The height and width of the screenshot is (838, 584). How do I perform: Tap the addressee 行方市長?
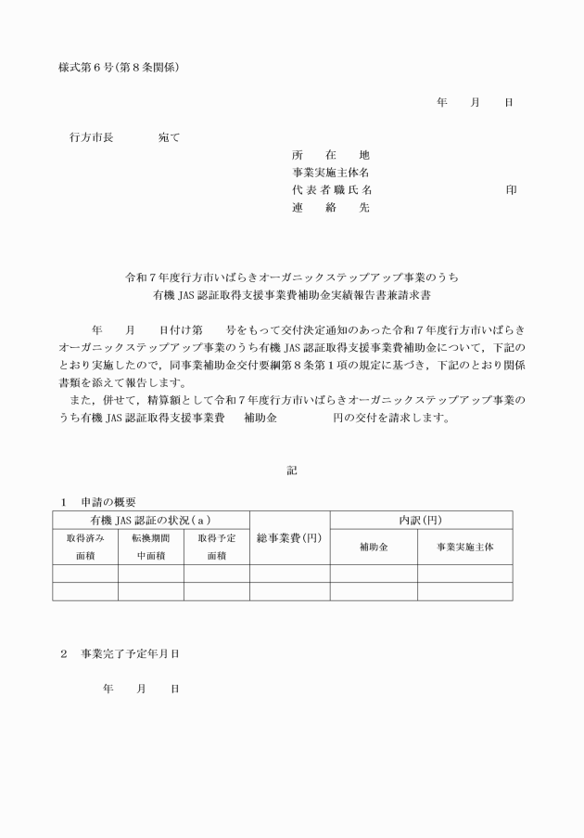pyautogui.click(x=92, y=137)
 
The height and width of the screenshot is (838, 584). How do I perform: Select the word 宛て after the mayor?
pyautogui.click(x=169, y=137)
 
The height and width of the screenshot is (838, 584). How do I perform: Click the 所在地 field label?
pyautogui.click(x=330, y=155)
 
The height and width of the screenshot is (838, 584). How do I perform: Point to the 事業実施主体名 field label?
pyautogui.click(x=331, y=173)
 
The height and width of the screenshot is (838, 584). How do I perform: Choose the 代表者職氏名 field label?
pyautogui.click(x=331, y=190)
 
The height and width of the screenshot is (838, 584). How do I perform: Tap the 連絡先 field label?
pyautogui.click(x=330, y=208)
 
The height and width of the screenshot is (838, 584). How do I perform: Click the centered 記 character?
pyautogui.click(x=292, y=471)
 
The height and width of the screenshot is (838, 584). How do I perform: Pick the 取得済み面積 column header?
pyautogui.click(x=85, y=547)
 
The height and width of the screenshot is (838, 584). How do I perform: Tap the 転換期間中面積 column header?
pyautogui.click(x=150, y=547)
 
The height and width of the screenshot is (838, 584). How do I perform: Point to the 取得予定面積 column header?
pyautogui.click(x=216, y=547)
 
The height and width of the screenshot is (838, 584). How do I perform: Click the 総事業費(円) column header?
pyautogui.click(x=286, y=538)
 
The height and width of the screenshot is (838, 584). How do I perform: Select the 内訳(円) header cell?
pyautogui.click(x=418, y=520)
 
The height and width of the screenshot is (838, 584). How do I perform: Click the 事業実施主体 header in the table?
pyautogui.click(x=464, y=548)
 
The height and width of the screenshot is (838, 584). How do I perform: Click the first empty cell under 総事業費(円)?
pyautogui.click(x=286, y=574)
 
